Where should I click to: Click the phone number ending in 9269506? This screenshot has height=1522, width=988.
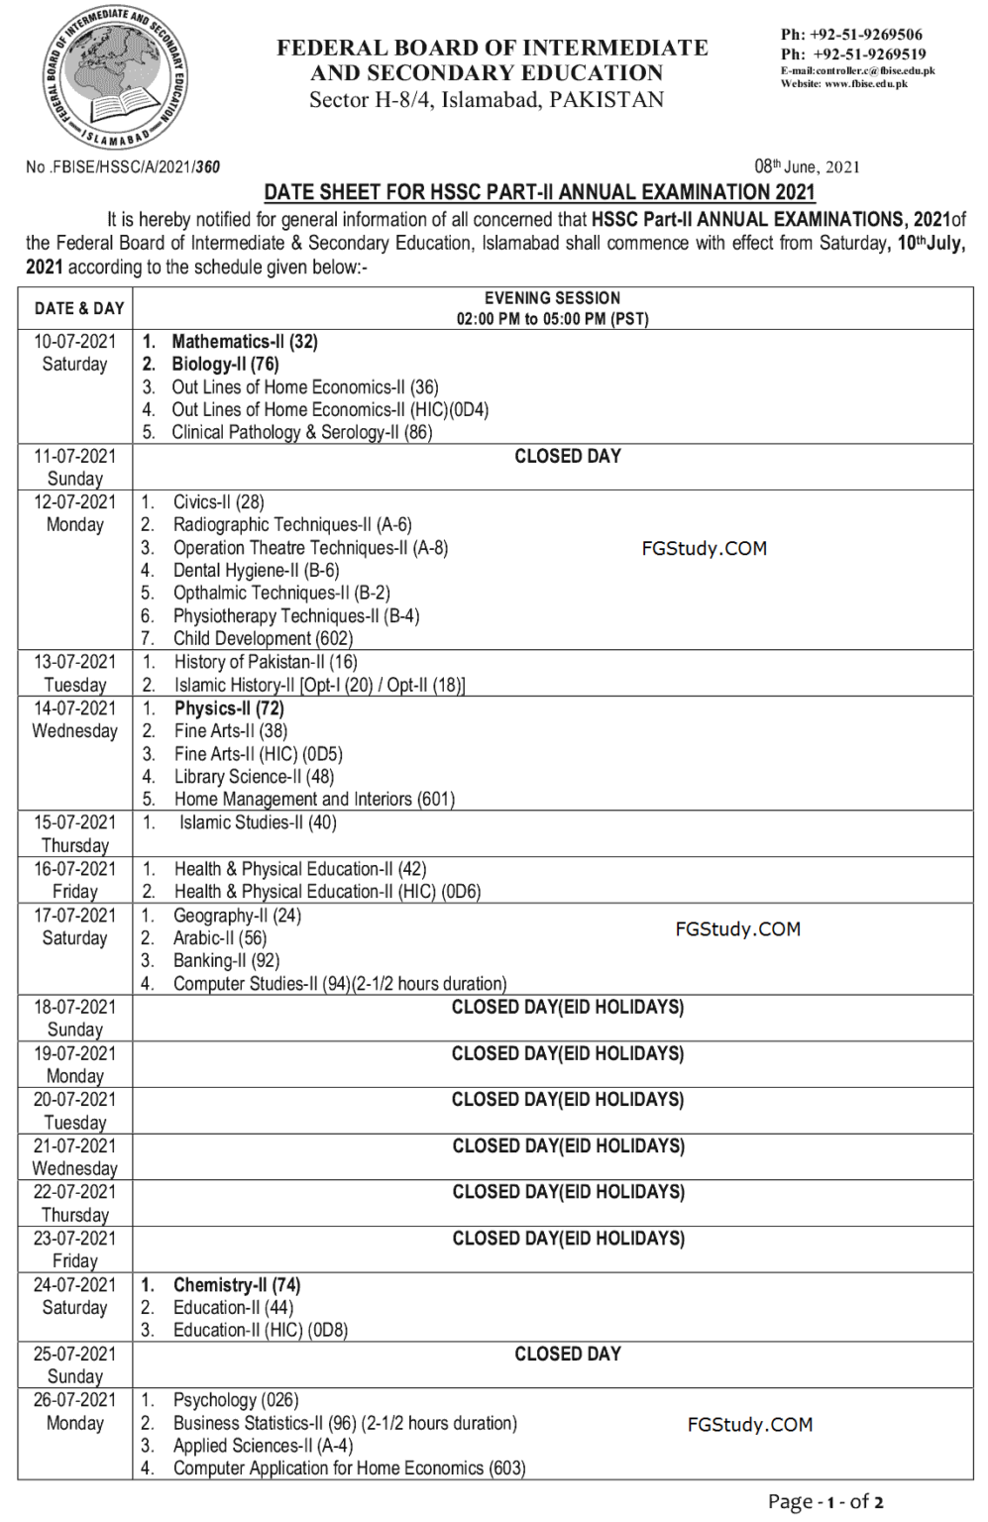click(851, 35)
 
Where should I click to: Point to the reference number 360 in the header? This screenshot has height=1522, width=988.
click(207, 167)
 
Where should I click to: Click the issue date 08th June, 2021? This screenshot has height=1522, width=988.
click(807, 166)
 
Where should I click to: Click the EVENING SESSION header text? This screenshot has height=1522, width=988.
click(552, 298)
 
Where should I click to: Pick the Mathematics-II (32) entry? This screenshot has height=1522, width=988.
click(244, 342)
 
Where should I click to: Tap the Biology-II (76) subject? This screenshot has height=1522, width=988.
click(225, 365)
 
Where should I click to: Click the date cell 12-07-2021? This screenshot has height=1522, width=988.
click(75, 502)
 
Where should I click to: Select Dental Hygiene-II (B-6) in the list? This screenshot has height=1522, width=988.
click(256, 571)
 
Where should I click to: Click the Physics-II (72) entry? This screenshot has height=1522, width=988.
click(229, 708)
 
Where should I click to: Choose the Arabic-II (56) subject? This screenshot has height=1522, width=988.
click(220, 937)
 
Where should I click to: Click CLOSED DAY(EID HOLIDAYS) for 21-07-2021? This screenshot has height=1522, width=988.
click(568, 1146)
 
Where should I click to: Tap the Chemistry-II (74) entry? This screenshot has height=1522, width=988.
click(236, 1285)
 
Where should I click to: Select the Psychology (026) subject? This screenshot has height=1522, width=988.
click(235, 1400)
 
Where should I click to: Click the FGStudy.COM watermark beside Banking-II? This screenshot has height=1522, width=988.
click(737, 929)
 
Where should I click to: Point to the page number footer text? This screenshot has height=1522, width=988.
click(824, 1501)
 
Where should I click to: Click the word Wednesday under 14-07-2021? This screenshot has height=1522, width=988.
click(75, 731)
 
